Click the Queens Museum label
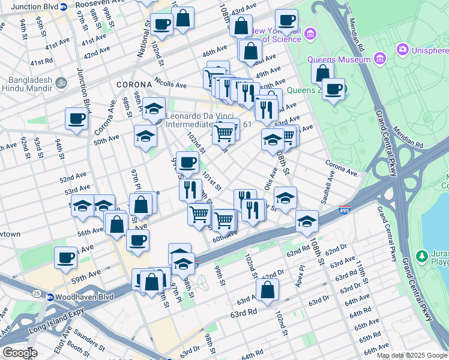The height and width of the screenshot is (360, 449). (x=339, y=59)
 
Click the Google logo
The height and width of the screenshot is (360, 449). (x=19, y=352)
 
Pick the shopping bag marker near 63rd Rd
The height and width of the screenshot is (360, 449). (x=267, y=289)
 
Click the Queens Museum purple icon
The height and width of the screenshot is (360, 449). (x=379, y=59)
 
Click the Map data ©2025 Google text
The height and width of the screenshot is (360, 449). (x=412, y=355)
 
